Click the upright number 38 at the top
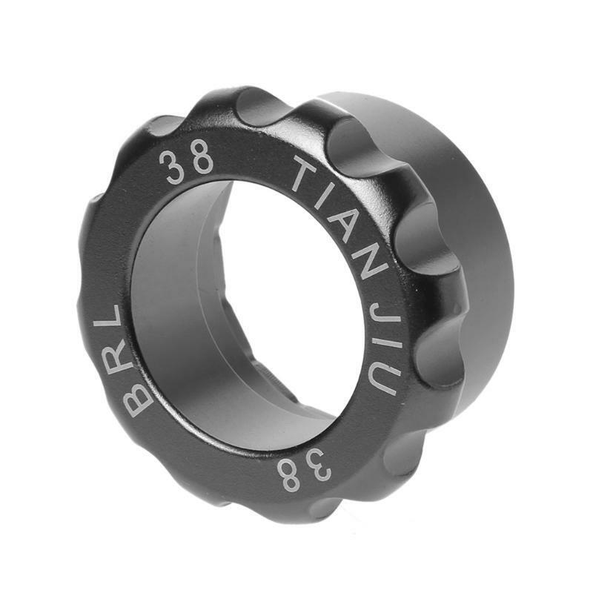(186, 162)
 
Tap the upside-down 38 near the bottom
(305, 468)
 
